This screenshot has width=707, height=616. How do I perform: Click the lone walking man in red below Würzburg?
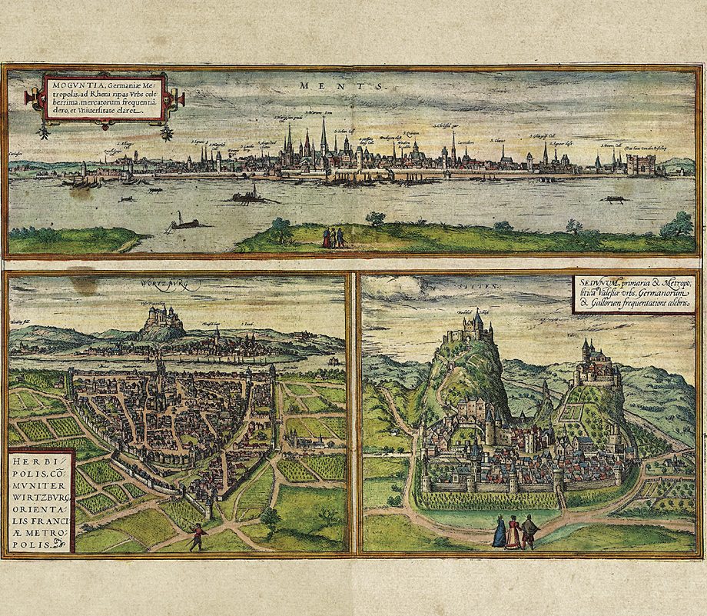pos(197,536)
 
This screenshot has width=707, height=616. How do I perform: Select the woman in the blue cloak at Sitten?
pos(500,531)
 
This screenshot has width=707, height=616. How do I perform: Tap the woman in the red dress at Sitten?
pos(513,532)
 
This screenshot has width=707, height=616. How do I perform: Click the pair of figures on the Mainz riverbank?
pos(333,237)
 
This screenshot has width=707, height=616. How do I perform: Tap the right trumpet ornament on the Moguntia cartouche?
pos(175,98)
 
